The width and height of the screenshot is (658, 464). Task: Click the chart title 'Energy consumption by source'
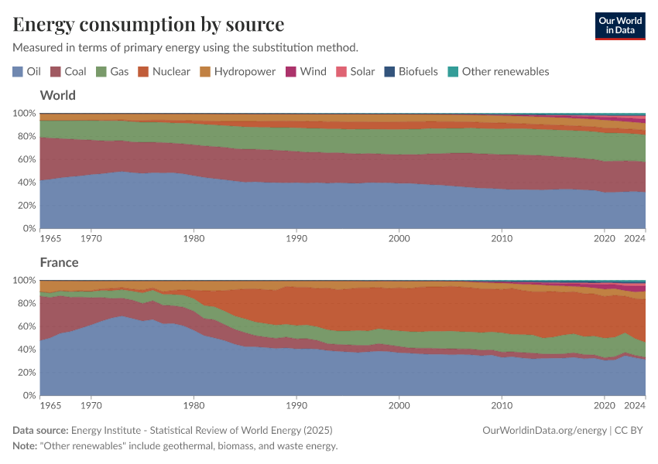(x=148, y=24)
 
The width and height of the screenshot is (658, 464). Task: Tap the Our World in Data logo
(x=619, y=25)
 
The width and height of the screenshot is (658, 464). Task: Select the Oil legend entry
(x=27, y=71)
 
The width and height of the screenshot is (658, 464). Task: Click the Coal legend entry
(x=69, y=71)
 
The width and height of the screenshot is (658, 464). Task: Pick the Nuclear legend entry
(x=164, y=71)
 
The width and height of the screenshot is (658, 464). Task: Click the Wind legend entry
(x=306, y=71)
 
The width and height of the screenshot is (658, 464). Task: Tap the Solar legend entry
(x=355, y=71)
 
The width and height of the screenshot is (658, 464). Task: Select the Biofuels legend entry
(x=410, y=71)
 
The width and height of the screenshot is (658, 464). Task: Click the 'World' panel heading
(x=57, y=95)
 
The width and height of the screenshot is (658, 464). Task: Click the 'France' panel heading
(x=59, y=262)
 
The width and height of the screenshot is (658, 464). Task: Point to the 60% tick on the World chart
(x=25, y=159)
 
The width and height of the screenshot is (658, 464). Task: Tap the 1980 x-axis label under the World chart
(x=194, y=238)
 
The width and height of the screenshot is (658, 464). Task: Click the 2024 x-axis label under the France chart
(x=635, y=404)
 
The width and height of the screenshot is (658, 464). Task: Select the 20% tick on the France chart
(x=25, y=372)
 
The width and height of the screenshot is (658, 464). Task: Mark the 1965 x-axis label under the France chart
(x=50, y=404)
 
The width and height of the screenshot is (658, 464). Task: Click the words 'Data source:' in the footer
(x=40, y=430)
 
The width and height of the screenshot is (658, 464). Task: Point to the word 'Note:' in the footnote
(x=26, y=445)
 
